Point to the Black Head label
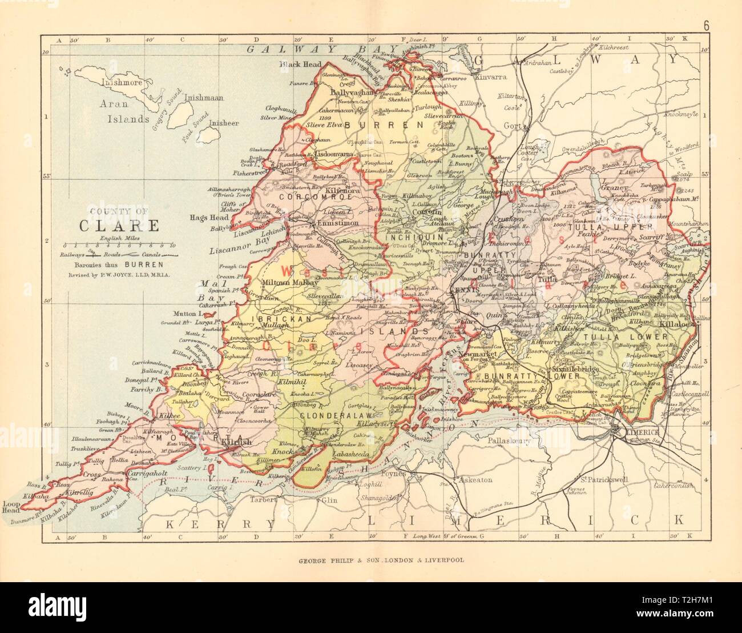[x=300, y=65]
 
